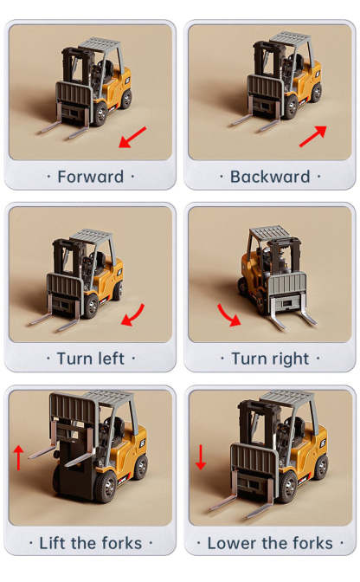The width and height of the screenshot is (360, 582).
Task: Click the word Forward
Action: point(90,177)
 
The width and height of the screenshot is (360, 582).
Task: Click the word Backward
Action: point(270,177)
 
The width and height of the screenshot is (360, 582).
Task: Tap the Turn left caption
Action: point(90,359)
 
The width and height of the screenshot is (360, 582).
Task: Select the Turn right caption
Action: point(270,359)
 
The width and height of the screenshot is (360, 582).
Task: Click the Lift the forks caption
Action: point(90,543)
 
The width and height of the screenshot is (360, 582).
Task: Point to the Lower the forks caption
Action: point(270,543)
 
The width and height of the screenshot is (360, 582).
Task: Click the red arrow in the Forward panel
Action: point(132,137)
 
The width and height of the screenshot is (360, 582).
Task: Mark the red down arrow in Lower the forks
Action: point(200,456)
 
